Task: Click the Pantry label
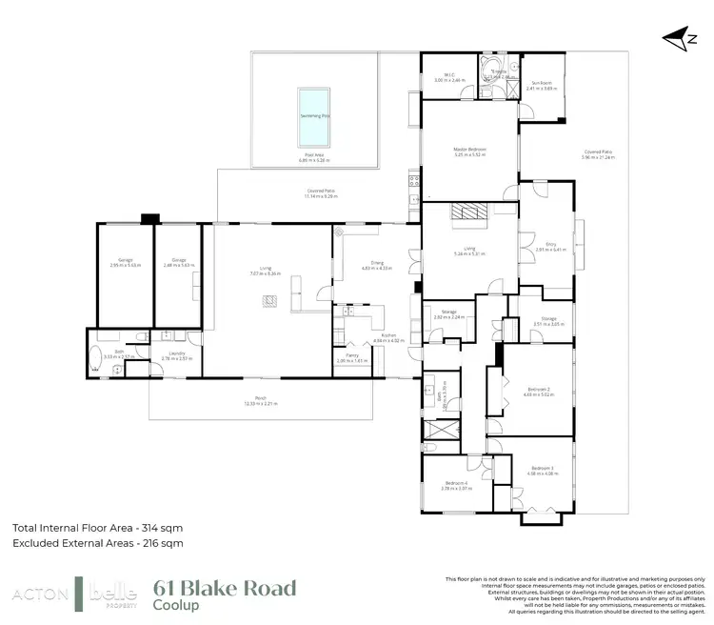coord(352,357)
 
